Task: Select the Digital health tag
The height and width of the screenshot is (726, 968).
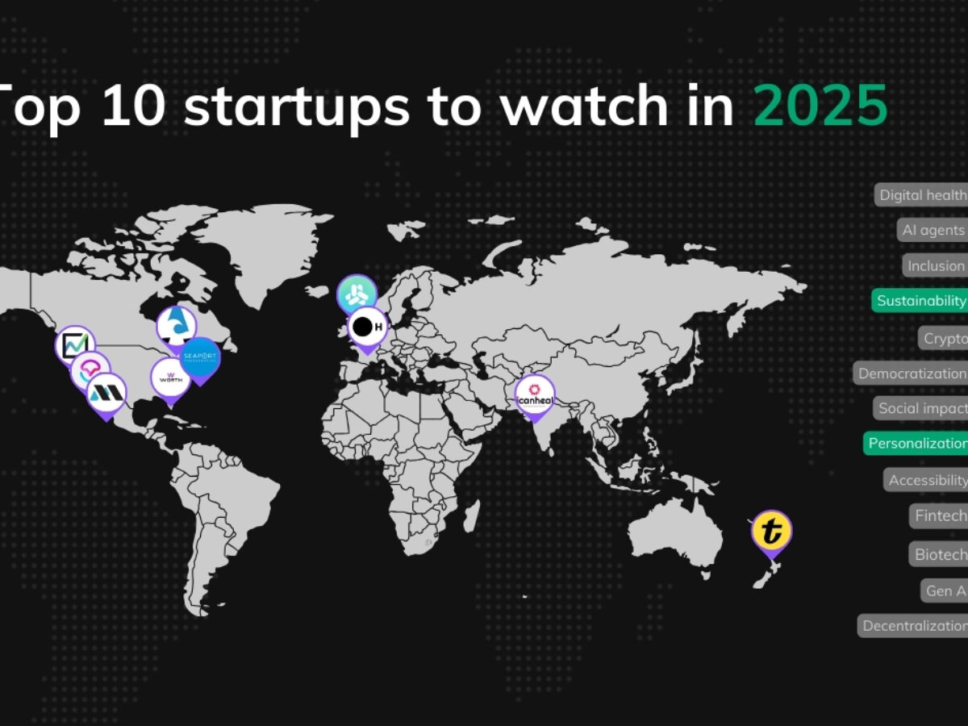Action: click(922, 195)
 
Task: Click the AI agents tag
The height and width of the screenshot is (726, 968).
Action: click(933, 231)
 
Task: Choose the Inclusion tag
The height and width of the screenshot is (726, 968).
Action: click(936, 266)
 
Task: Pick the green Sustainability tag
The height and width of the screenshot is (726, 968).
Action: click(920, 301)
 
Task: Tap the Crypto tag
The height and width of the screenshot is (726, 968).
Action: click(944, 338)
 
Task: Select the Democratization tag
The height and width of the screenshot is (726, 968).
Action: click(912, 373)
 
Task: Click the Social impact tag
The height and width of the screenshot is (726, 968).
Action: click(921, 408)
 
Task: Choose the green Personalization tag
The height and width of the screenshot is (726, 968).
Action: click(916, 444)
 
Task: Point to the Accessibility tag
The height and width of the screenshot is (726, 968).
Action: click(927, 481)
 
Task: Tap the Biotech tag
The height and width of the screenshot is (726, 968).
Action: click(940, 555)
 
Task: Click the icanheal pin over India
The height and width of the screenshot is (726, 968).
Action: click(535, 395)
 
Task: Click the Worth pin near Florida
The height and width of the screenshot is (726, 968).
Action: click(170, 378)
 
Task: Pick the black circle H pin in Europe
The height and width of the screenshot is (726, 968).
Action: click(367, 327)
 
